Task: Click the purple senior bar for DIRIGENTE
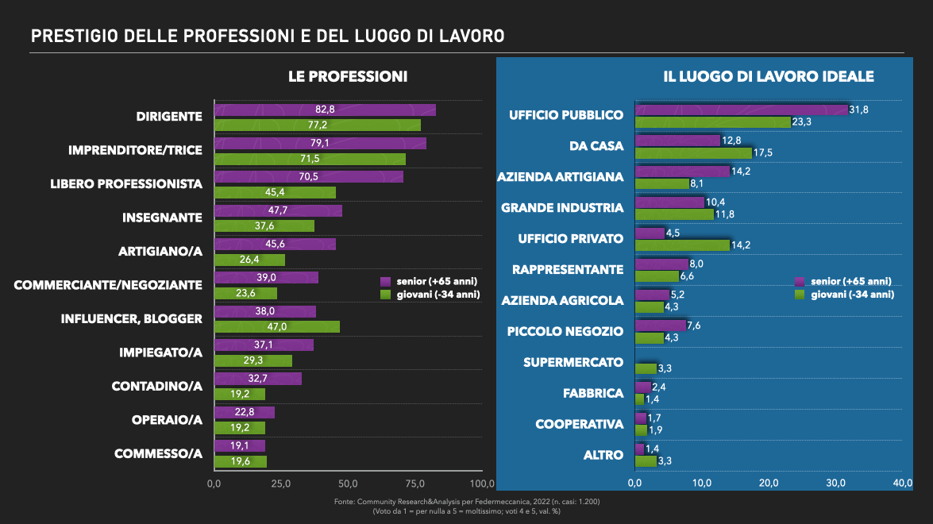coord(325,110)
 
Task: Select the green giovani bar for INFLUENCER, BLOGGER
coord(277,327)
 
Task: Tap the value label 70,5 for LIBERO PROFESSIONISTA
coord(308,176)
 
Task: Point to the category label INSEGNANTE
coord(163,218)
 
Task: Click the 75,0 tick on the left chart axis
coord(415,484)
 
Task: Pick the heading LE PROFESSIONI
coord(348,77)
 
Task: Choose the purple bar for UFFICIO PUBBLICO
coord(742,110)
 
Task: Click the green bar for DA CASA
coord(694,153)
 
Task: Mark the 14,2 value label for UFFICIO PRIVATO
coord(741,245)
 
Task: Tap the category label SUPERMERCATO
coord(573,362)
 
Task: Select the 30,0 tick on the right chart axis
coord(835,483)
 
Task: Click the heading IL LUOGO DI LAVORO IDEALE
coord(769,77)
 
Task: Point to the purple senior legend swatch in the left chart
coord(386,282)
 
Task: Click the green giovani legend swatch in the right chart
coord(800,295)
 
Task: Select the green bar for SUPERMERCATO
coord(646,368)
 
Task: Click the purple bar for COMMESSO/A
coord(240,446)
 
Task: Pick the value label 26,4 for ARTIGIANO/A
coord(249,260)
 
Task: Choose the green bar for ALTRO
coord(646,461)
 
